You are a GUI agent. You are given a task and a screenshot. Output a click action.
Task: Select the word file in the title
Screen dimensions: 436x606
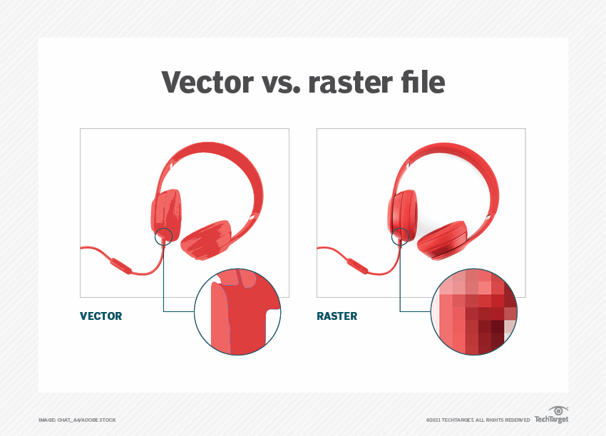point(421,83)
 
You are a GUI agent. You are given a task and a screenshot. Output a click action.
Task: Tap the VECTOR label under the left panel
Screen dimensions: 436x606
point(101,316)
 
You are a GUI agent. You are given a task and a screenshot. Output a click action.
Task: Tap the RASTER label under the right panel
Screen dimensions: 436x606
point(337,316)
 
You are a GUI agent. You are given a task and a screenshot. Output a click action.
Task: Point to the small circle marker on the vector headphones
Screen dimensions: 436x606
point(164,236)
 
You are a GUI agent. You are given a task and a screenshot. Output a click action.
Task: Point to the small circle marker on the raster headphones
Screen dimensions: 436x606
point(401,236)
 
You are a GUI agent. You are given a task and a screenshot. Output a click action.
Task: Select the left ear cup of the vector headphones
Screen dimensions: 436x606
point(166,213)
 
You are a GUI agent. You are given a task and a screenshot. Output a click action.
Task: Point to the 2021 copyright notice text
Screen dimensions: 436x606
point(478,420)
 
